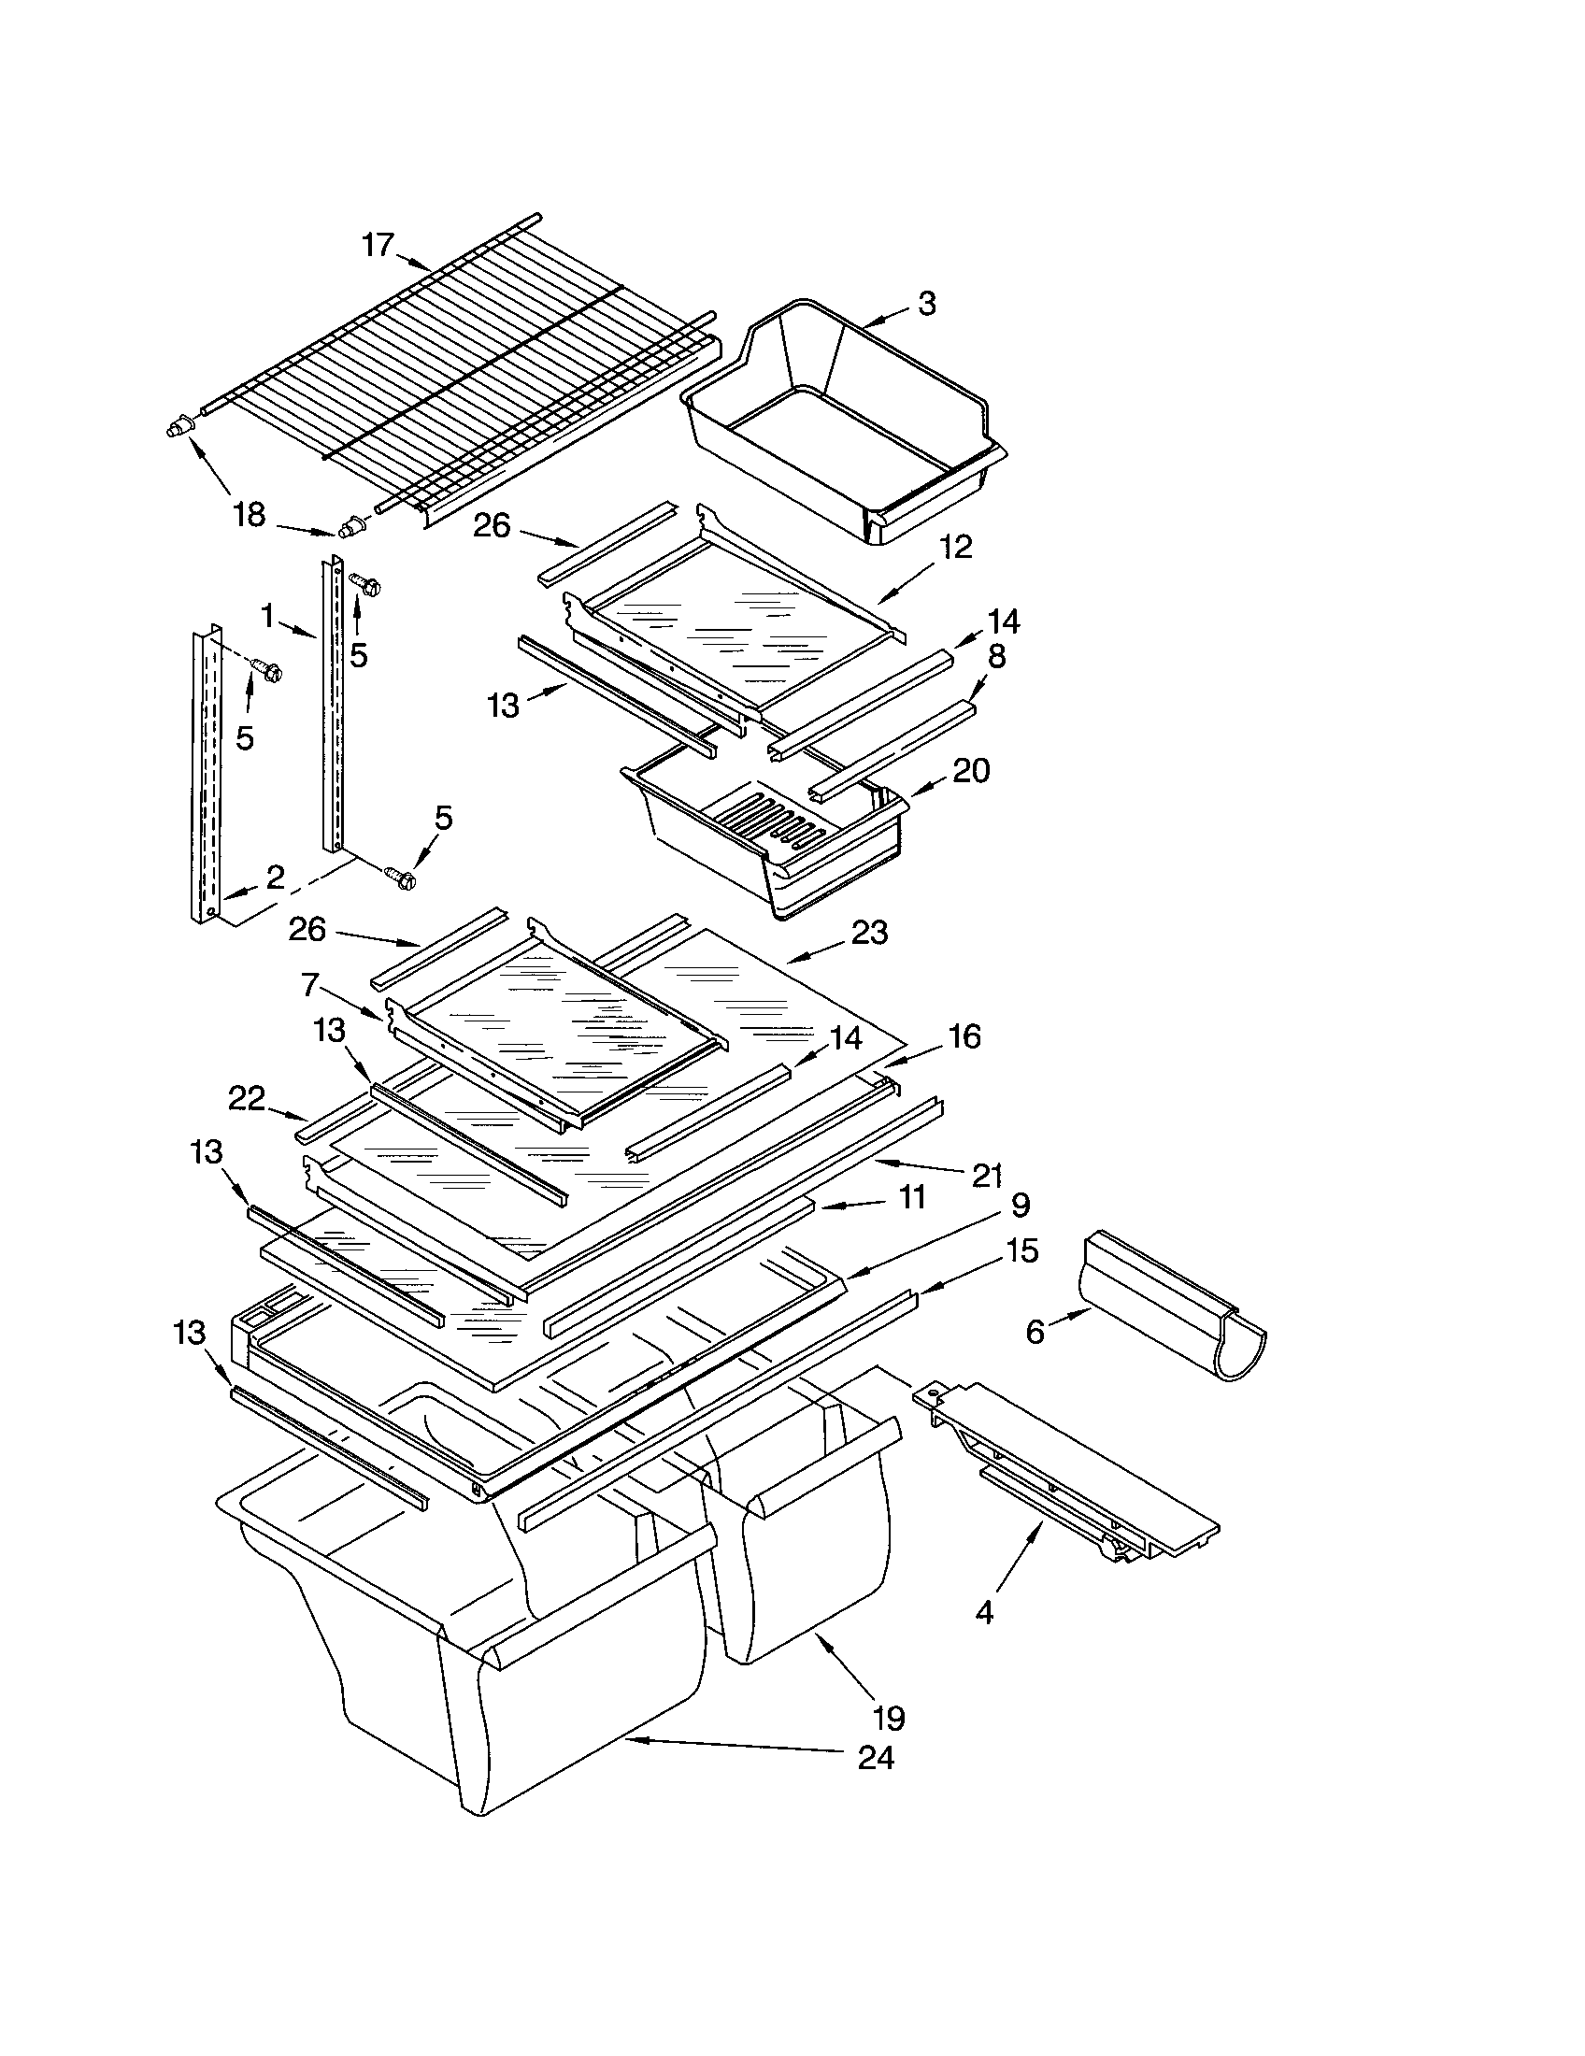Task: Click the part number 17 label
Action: (x=378, y=245)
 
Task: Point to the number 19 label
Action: (x=889, y=1717)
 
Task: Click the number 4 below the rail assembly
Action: (x=984, y=1613)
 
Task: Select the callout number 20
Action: (x=971, y=771)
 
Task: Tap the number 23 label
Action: (x=869, y=933)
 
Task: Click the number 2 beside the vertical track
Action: (x=275, y=878)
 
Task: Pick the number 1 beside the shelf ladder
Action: (x=268, y=618)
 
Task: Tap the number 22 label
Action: (x=247, y=1098)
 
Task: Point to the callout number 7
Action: (x=309, y=985)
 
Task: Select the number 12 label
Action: (x=954, y=547)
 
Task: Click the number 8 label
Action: (x=996, y=656)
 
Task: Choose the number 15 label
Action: (x=1021, y=1251)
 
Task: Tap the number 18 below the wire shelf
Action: (x=250, y=516)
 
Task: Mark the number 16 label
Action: (x=964, y=1037)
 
